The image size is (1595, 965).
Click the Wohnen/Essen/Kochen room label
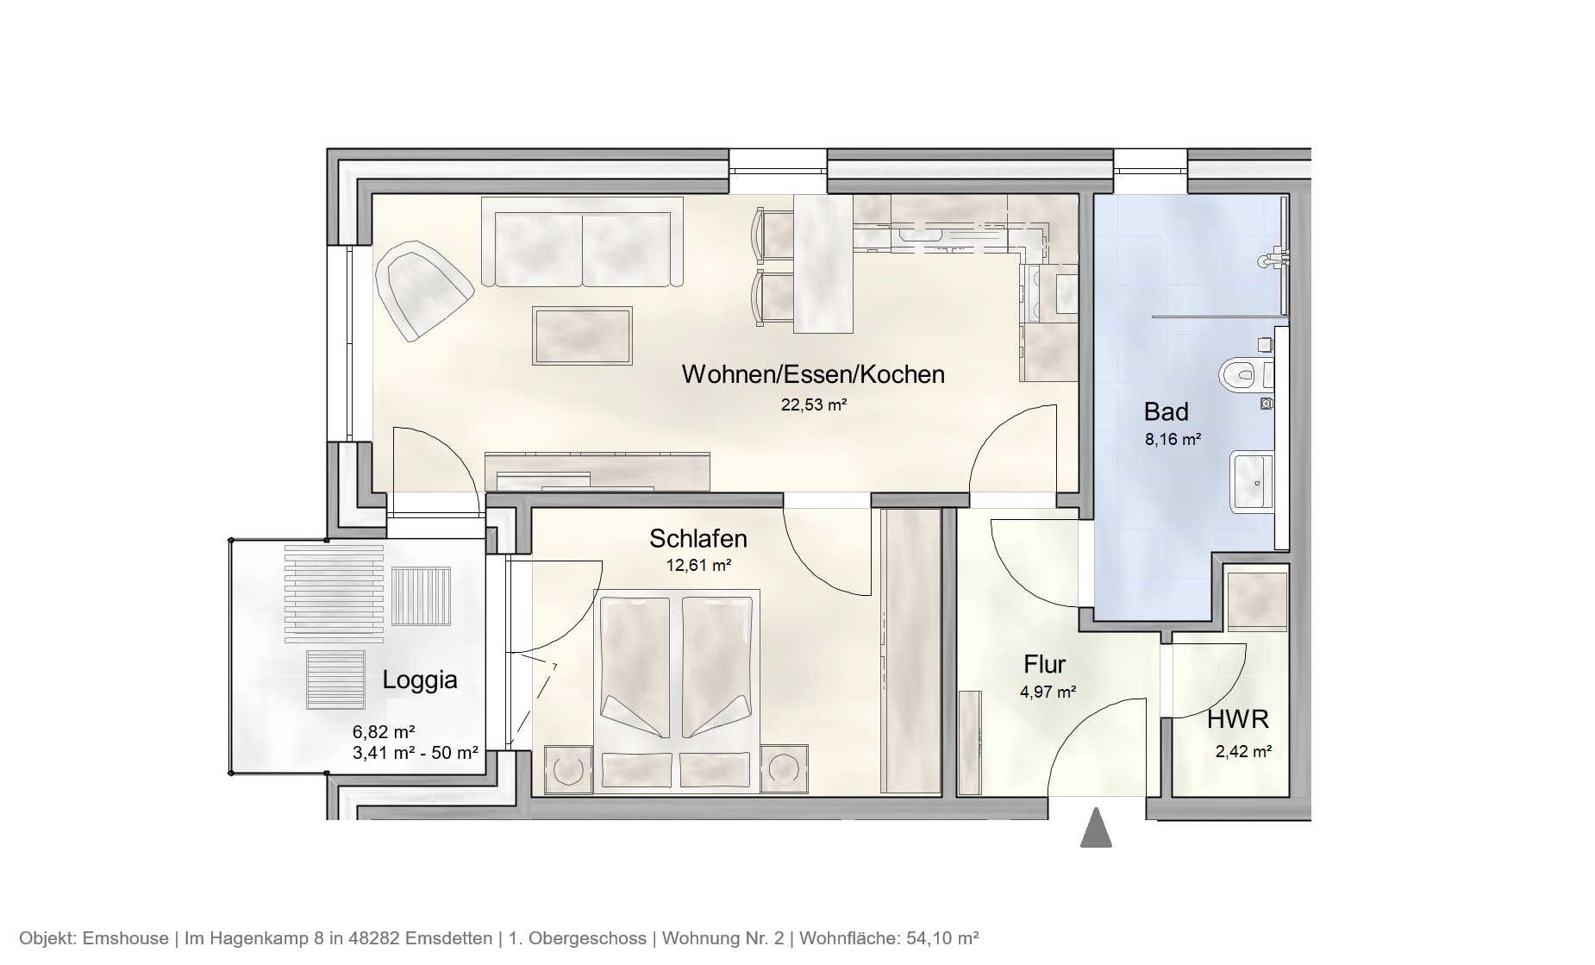point(813,374)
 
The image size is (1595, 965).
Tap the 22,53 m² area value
point(813,404)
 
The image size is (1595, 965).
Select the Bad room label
point(1166,411)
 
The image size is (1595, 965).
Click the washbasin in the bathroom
point(1252,481)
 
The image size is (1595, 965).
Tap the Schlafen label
point(697,539)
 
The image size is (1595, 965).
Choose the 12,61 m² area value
point(697,566)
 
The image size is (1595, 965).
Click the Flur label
point(1044,664)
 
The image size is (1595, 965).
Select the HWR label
point(1237,719)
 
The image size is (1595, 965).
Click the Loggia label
point(419,680)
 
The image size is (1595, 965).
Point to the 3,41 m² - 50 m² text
point(415,752)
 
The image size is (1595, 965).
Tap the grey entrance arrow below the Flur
point(1095,828)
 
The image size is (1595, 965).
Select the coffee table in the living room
point(582,335)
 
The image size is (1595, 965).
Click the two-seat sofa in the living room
point(582,241)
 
